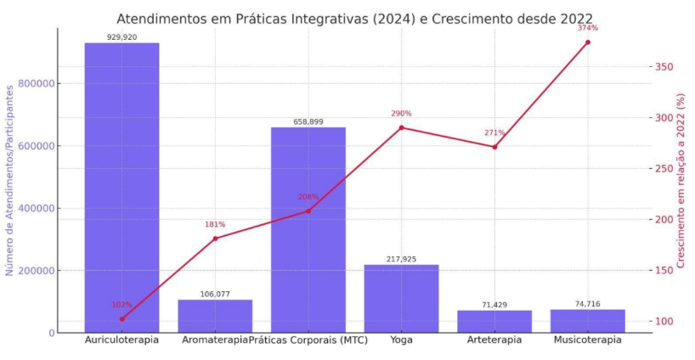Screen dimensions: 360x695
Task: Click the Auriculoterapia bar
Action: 121,187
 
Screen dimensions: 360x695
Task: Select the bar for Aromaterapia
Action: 215,316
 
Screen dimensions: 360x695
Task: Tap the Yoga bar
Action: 401,298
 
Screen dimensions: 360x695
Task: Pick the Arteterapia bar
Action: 494,322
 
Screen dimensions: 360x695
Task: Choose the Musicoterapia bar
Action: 587,321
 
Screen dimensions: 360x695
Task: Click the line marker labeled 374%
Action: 587,42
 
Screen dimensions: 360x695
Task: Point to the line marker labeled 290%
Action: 401,127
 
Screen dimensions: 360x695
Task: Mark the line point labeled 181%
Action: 215,239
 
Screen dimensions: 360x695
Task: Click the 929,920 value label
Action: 121,37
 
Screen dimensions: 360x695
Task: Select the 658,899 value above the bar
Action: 308,122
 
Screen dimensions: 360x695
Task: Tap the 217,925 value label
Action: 401,259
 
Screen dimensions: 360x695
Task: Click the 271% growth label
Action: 494,133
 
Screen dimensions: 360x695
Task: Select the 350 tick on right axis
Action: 664,67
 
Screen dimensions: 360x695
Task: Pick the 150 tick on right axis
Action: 664,270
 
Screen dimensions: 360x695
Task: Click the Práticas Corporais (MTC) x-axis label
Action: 308,340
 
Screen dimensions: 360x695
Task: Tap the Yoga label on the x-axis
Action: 401,340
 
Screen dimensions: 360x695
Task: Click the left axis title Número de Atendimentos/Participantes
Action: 10,179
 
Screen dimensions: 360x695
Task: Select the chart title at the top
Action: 354,18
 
